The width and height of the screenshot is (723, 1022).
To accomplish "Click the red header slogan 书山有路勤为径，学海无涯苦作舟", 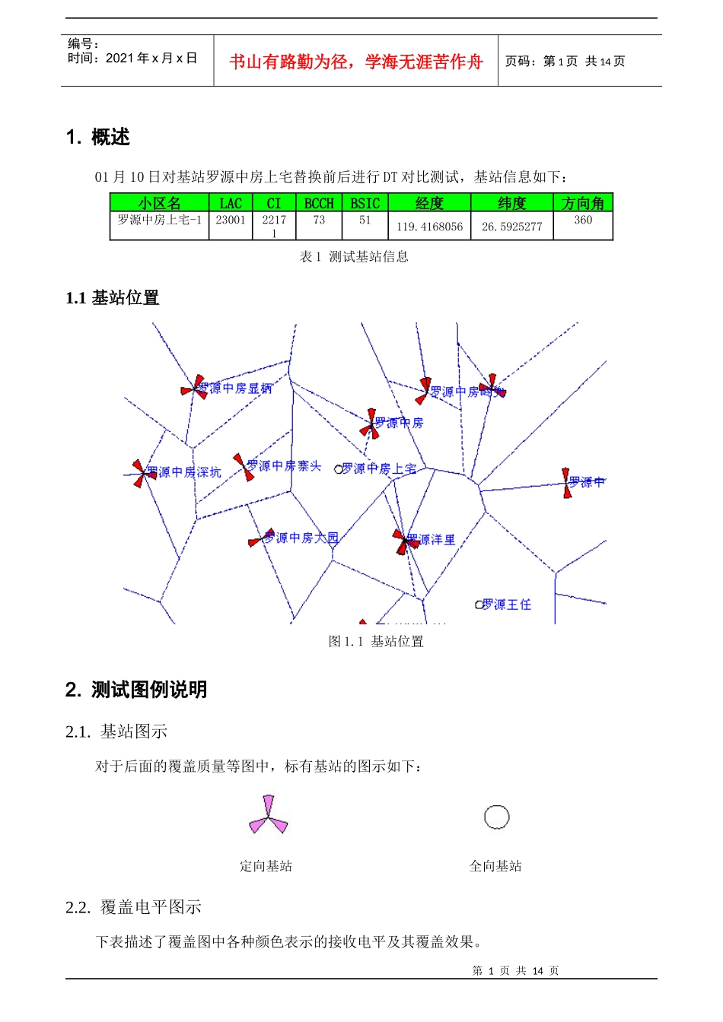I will tap(355, 62).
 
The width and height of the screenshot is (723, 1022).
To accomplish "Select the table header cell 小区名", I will tap(159, 203).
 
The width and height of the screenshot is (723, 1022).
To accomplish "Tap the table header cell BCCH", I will tap(319, 203).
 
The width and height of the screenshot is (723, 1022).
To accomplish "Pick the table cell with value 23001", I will tap(231, 221).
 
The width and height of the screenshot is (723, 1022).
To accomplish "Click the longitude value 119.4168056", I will tap(429, 227).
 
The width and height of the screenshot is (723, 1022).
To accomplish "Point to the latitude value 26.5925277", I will tap(511, 227).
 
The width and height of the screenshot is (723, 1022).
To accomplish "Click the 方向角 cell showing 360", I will tap(583, 221).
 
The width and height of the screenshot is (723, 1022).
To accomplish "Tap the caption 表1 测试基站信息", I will tap(354, 257).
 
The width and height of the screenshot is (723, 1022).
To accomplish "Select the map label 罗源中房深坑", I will tap(184, 472).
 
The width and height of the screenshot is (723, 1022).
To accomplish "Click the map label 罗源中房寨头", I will tap(285, 465).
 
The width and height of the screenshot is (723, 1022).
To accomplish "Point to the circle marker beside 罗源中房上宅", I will tap(339, 469).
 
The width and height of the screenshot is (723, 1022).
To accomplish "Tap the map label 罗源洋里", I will tap(432, 539).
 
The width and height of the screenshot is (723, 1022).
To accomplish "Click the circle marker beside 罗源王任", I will tap(479, 605).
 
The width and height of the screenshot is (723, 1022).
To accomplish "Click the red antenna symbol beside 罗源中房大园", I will tap(257, 539).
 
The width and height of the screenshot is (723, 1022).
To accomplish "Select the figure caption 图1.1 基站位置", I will tap(376, 642).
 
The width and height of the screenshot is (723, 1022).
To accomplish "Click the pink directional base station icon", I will tap(268, 816).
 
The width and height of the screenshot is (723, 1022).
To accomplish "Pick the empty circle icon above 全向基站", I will tap(496, 817).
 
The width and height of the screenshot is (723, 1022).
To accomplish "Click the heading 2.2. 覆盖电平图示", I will tap(133, 907).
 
